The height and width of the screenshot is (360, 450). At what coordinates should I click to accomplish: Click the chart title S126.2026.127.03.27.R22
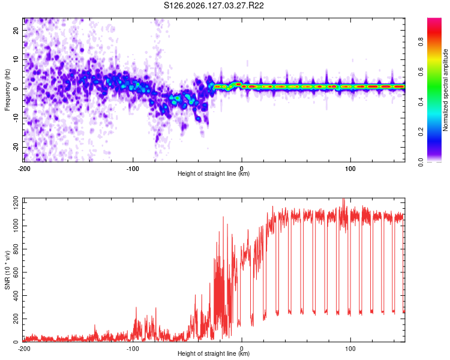pyautogui.click(x=214, y=5)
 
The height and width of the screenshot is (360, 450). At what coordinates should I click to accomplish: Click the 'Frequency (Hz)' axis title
pyautogui.click(x=7, y=90)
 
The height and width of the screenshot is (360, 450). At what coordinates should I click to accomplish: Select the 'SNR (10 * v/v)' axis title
pyautogui.click(x=7, y=270)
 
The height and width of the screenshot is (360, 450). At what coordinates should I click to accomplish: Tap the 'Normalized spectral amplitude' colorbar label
pyautogui.click(x=445, y=90)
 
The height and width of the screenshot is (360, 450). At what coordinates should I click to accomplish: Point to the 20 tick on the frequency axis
pyautogui.click(x=16, y=31)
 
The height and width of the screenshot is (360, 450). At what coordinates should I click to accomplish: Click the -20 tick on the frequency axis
pyautogui.click(x=16, y=147)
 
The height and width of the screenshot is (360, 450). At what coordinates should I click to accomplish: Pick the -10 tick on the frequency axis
pyautogui.click(x=16, y=118)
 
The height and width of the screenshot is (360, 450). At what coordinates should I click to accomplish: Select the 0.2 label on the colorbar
pyautogui.click(x=421, y=132)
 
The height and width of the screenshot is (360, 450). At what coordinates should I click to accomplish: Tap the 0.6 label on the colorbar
pyautogui.click(x=421, y=72)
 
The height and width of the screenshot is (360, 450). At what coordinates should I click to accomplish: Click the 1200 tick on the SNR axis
pyautogui.click(x=16, y=203)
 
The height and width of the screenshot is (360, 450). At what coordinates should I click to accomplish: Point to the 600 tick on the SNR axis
pyautogui.click(x=16, y=272)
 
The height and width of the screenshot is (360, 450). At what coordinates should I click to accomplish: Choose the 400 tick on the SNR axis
pyautogui.click(x=16, y=295)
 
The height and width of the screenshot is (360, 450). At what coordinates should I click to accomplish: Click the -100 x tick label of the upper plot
pyautogui.click(x=133, y=169)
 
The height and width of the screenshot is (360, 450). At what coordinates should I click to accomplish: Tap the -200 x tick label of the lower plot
pyautogui.click(x=24, y=349)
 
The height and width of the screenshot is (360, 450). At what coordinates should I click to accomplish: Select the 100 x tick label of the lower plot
pyautogui.click(x=350, y=349)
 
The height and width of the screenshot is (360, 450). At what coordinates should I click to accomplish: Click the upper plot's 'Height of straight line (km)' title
pyautogui.click(x=214, y=173)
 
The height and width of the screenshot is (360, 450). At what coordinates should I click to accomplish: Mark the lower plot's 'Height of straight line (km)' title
pyautogui.click(x=214, y=353)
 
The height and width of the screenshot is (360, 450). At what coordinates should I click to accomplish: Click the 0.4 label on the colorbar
pyautogui.click(x=421, y=101)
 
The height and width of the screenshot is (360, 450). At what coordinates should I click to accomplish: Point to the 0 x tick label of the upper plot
pyautogui.click(x=242, y=169)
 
